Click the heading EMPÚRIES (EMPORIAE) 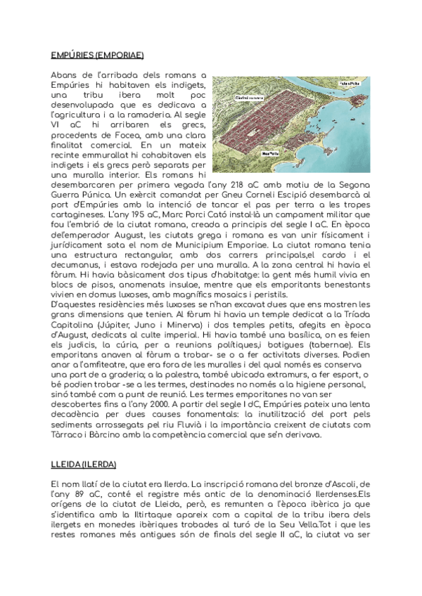[98, 54]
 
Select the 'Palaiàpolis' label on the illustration [349, 82]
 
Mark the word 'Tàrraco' [68, 434]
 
